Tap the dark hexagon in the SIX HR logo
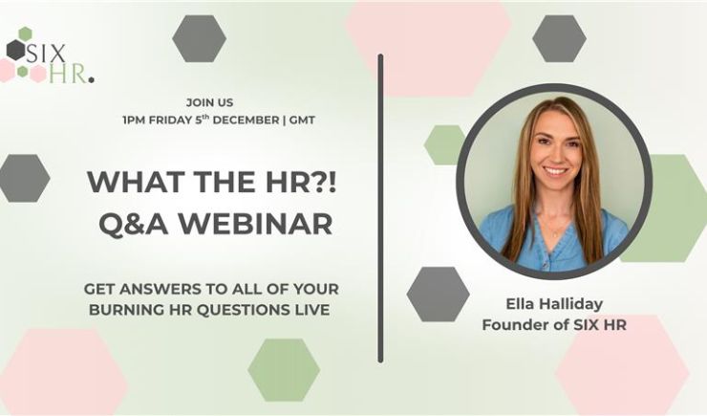point(15,50)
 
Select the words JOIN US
point(210,101)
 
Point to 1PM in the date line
point(135,120)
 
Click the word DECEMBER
point(243,120)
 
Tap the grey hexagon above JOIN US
point(199,38)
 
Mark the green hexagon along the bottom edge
point(283,369)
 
